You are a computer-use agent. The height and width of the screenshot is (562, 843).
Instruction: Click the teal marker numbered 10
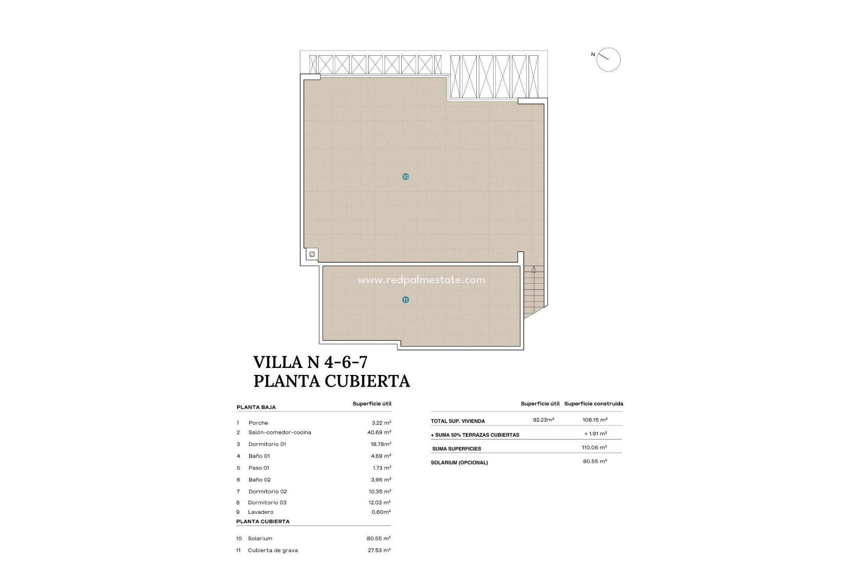point(405,177)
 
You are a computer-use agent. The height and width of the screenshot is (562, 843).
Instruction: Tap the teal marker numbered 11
point(405,300)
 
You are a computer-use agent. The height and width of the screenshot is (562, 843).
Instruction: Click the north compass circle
point(608,60)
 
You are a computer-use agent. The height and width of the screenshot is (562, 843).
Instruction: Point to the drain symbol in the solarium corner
point(312,254)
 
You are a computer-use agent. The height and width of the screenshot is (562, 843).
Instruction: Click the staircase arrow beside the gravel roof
point(533,270)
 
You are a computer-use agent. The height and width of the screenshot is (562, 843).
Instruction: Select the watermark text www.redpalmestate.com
point(421,280)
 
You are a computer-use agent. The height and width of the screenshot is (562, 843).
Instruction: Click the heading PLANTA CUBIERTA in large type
point(331,381)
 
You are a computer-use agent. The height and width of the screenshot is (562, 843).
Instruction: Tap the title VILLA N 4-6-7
point(310,362)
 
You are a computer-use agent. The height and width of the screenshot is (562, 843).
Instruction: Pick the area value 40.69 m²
point(379,432)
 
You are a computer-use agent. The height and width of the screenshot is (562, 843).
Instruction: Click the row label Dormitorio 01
point(267,444)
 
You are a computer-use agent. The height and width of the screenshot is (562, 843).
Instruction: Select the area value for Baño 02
point(381,480)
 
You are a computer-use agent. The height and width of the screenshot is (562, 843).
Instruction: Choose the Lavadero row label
point(260,512)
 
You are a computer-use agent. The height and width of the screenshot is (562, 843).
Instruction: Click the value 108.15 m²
point(595,420)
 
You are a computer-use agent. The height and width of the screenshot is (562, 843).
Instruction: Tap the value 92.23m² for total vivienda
point(543,420)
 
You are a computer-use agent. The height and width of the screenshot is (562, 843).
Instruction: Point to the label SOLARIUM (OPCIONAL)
point(459,463)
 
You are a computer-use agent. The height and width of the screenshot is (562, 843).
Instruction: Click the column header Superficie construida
point(594,403)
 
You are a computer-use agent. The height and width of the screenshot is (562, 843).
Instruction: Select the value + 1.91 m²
point(595,434)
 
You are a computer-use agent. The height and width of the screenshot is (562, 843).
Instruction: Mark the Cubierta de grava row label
point(273,550)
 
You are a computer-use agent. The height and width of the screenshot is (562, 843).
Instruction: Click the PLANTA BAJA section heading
point(256,407)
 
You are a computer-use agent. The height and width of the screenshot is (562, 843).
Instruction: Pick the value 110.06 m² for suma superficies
point(594,447)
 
